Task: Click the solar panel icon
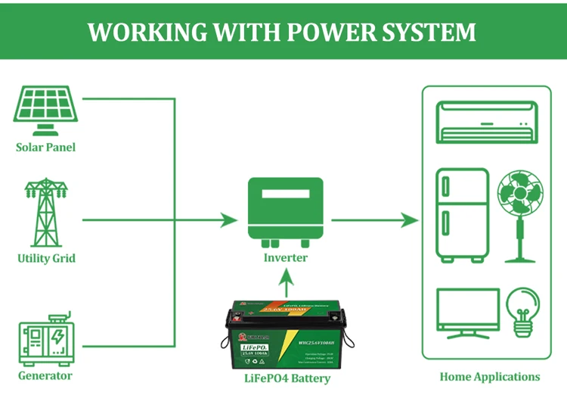[46, 111]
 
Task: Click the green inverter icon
[285, 211]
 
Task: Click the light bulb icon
[522, 312]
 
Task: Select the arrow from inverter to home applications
[375, 220]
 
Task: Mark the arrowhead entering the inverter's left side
[229, 220]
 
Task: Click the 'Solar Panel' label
[46, 147]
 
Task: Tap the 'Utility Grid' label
[46, 258]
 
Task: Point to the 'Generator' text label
[45, 375]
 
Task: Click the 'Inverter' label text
[285, 257]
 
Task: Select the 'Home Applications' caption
[490, 376]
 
